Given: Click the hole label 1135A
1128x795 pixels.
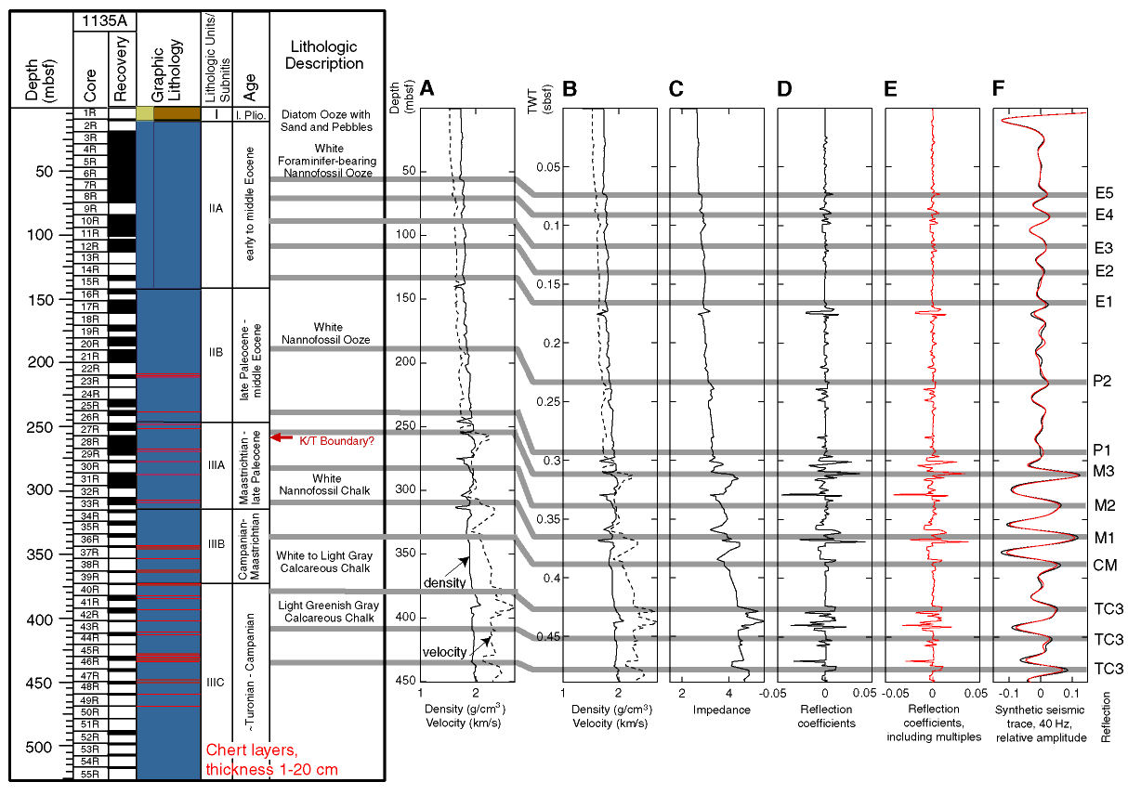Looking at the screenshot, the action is (x=104, y=20).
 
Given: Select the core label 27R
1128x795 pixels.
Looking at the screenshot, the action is (x=90, y=429).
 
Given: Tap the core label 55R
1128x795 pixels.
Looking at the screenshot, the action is (x=90, y=774).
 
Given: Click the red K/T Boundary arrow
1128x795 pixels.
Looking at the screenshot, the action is (x=282, y=437).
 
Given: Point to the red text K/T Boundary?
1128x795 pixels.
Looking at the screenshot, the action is (x=337, y=441).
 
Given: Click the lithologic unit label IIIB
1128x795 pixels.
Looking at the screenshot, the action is (x=216, y=544).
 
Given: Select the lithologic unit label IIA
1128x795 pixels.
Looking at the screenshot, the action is (x=216, y=208).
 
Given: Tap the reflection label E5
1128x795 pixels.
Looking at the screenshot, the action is (x=1104, y=193).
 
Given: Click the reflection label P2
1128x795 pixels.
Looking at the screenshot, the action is (x=1102, y=381).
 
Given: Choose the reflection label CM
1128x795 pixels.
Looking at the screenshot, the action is (x=1105, y=565).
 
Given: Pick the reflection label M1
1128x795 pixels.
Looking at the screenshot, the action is (x=1105, y=538).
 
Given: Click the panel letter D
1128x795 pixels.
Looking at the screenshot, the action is (x=784, y=89).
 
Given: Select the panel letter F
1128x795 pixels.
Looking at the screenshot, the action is (x=998, y=88).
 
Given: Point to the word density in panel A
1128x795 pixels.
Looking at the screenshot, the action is (x=445, y=582).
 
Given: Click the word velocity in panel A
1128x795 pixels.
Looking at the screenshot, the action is (x=445, y=652).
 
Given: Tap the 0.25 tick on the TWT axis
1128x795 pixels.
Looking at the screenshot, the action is (x=548, y=402).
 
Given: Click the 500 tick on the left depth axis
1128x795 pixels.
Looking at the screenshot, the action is (x=39, y=747).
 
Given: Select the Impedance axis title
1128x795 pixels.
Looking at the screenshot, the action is (x=722, y=710).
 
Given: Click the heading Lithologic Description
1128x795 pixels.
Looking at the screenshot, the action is (x=324, y=55).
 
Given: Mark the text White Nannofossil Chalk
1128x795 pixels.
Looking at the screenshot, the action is (x=325, y=485).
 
